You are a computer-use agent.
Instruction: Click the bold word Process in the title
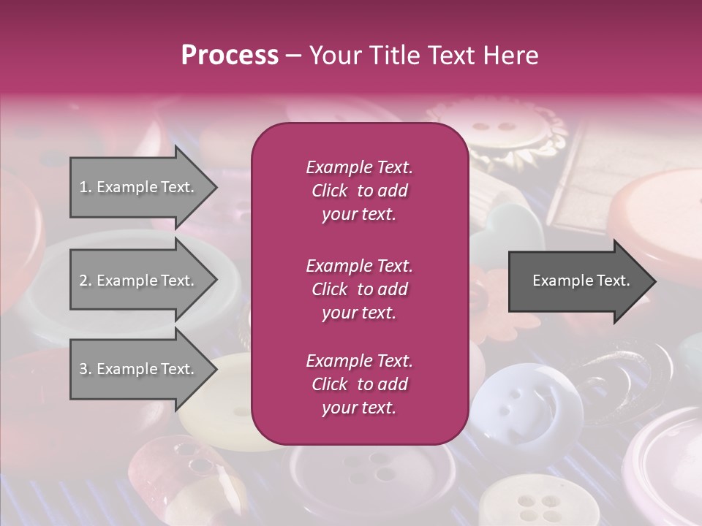point(230,56)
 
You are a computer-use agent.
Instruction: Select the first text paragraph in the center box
point(359,191)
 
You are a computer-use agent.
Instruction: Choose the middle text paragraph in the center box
point(359,289)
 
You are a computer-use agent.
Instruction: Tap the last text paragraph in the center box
point(359,384)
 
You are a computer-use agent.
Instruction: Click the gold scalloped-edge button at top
point(505,131)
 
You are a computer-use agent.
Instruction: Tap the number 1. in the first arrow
point(86,187)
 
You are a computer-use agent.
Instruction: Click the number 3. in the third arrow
point(86,369)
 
